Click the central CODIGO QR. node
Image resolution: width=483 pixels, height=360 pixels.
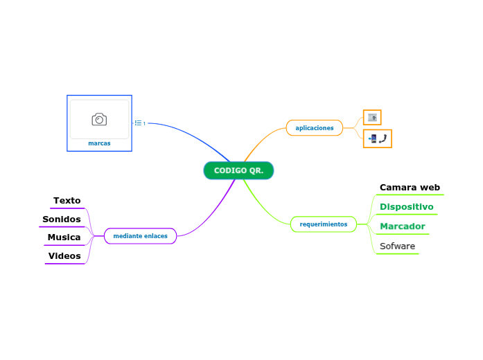[238, 170]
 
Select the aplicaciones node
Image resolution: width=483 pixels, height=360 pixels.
[314, 128]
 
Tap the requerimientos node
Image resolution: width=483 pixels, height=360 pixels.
[323, 224]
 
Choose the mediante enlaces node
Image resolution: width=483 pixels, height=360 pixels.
[140, 236]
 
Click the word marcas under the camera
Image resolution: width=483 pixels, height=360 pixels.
[99, 143]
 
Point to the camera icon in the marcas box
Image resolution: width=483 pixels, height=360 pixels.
[99, 120]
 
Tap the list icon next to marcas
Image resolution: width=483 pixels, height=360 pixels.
[139, 123]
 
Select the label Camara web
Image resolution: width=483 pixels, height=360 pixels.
[410, 188]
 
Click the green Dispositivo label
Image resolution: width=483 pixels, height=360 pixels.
[406, 207]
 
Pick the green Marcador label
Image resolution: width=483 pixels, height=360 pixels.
[402, 226]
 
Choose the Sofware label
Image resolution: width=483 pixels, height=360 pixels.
[397, 246]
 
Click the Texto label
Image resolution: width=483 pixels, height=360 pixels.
[67, 201]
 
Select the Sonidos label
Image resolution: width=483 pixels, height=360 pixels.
[61, 219]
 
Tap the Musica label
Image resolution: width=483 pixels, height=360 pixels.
[64, 237]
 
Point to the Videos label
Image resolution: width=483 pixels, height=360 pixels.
[64, 256]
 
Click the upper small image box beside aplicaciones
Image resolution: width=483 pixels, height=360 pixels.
[372, 118]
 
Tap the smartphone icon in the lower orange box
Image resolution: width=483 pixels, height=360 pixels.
[374, 139]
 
